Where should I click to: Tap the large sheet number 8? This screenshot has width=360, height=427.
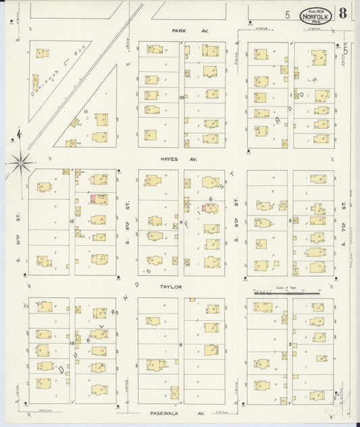(x=344, y=14)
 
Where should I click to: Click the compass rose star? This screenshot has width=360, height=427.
(x=22, y=161)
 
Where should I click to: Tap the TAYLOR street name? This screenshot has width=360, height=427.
(x=171, y=286)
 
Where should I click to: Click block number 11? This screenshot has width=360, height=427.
(x=86, y=111)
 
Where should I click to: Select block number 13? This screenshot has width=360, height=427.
(x=72, y=344)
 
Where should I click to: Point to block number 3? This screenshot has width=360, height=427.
(x=290, y=344)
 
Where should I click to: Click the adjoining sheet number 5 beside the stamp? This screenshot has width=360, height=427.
(x=287, y=14)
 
